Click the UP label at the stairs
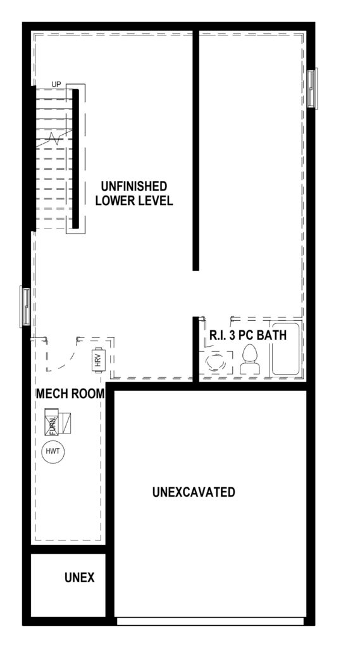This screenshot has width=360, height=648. click(x=56, y=84)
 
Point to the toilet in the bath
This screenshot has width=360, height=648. click(x=250, y=360)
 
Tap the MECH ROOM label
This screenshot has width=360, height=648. click(x=70, y=394)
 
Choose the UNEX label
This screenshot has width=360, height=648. click(x=79, y=577)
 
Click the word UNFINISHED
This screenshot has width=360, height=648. click(x=131, y=185)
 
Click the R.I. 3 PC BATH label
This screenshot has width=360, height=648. click(x=248, y=334)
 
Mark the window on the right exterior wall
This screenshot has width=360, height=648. click(x=313, y=89)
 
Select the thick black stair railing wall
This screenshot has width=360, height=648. click(x=76, y=159)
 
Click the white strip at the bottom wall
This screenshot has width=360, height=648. click(x=210, y=621)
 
